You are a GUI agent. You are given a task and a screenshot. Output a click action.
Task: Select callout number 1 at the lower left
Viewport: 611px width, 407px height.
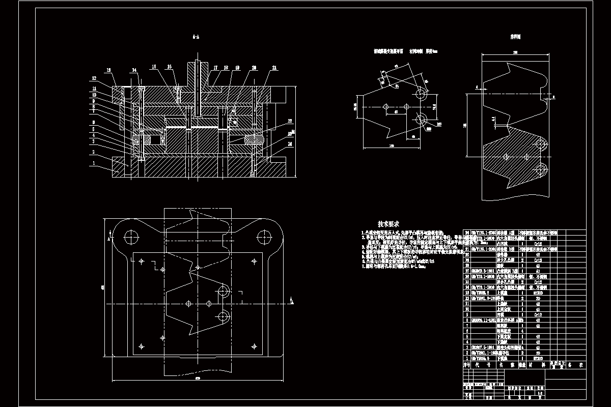point(94,164)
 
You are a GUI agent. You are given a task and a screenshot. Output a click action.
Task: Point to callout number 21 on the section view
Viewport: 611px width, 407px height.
point(275,68)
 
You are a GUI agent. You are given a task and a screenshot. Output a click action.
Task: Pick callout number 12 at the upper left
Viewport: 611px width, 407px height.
point(94,78)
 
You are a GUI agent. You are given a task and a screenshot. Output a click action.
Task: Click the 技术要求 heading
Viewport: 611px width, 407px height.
point(388,224)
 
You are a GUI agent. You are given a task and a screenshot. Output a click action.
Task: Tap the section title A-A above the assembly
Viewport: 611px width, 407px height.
point(196,37)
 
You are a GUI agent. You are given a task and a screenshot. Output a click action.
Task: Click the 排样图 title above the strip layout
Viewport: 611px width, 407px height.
point(516,37)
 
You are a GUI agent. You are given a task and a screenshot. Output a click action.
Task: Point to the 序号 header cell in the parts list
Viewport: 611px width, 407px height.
point(465,365)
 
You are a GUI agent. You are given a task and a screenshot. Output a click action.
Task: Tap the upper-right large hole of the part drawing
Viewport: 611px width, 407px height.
point(420,95)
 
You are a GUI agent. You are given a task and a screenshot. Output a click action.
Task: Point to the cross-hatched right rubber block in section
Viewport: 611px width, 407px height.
point(254,138)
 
